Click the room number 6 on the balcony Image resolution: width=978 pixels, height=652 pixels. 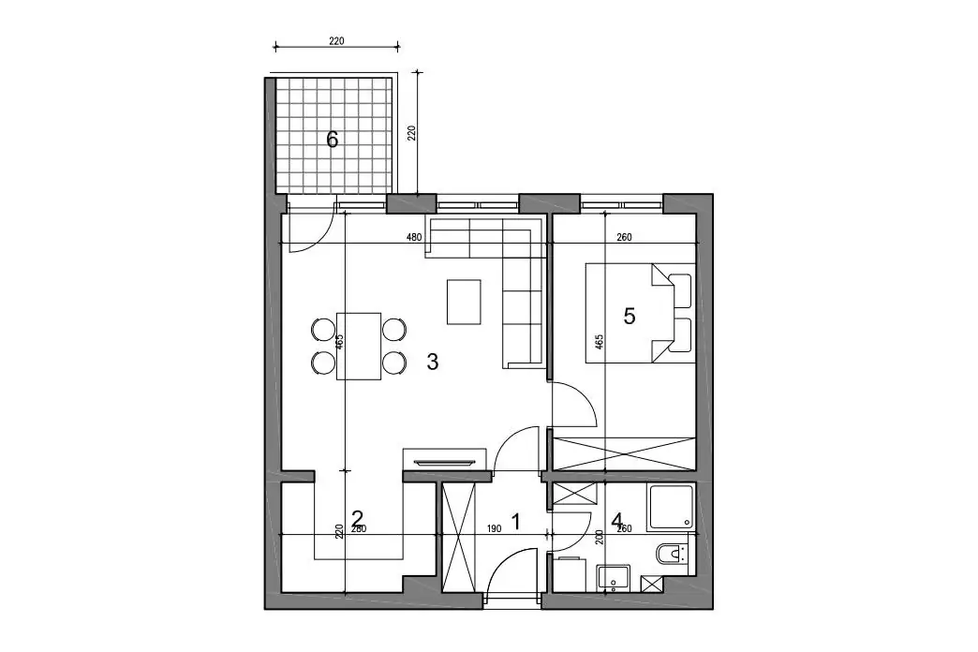pos(333,140)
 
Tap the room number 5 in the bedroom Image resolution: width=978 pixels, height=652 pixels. pos(630,317)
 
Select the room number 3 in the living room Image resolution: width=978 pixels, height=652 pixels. pos(432,362)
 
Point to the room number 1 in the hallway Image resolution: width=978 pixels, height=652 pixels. pos(515,521)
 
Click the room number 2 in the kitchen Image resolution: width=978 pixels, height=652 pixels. pos(358,518)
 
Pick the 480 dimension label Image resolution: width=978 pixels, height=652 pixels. pos(414,237)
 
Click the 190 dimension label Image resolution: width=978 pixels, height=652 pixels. pos(494,529)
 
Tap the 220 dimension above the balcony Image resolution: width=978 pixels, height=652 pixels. pos(336,41)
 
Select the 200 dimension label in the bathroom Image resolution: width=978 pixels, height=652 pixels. pos(600,537)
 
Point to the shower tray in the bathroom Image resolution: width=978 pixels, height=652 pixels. pos(671,507)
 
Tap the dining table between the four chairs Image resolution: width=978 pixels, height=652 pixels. pos(359,347)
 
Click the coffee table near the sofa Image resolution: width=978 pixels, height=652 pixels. pos(464,302)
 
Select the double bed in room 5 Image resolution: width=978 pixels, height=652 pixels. pos(640,313)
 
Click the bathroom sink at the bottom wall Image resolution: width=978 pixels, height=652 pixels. pos(614,578)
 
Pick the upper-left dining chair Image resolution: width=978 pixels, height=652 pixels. pos(323,329)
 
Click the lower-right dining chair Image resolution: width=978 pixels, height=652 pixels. pos(394,363)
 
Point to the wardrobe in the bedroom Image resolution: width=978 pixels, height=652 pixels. pos(624,453)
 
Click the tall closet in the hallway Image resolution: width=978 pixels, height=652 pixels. pos(458,537)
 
